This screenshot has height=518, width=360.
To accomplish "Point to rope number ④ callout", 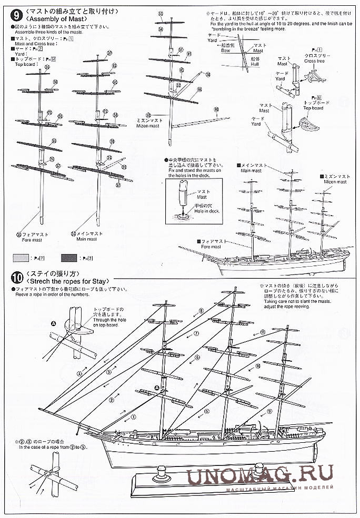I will coord(79,374).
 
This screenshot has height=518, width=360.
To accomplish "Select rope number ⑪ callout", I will coord(262,332).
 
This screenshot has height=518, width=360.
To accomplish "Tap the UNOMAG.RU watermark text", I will coord(260,475).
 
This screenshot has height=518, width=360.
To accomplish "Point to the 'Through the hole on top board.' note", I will coord(108,317).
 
